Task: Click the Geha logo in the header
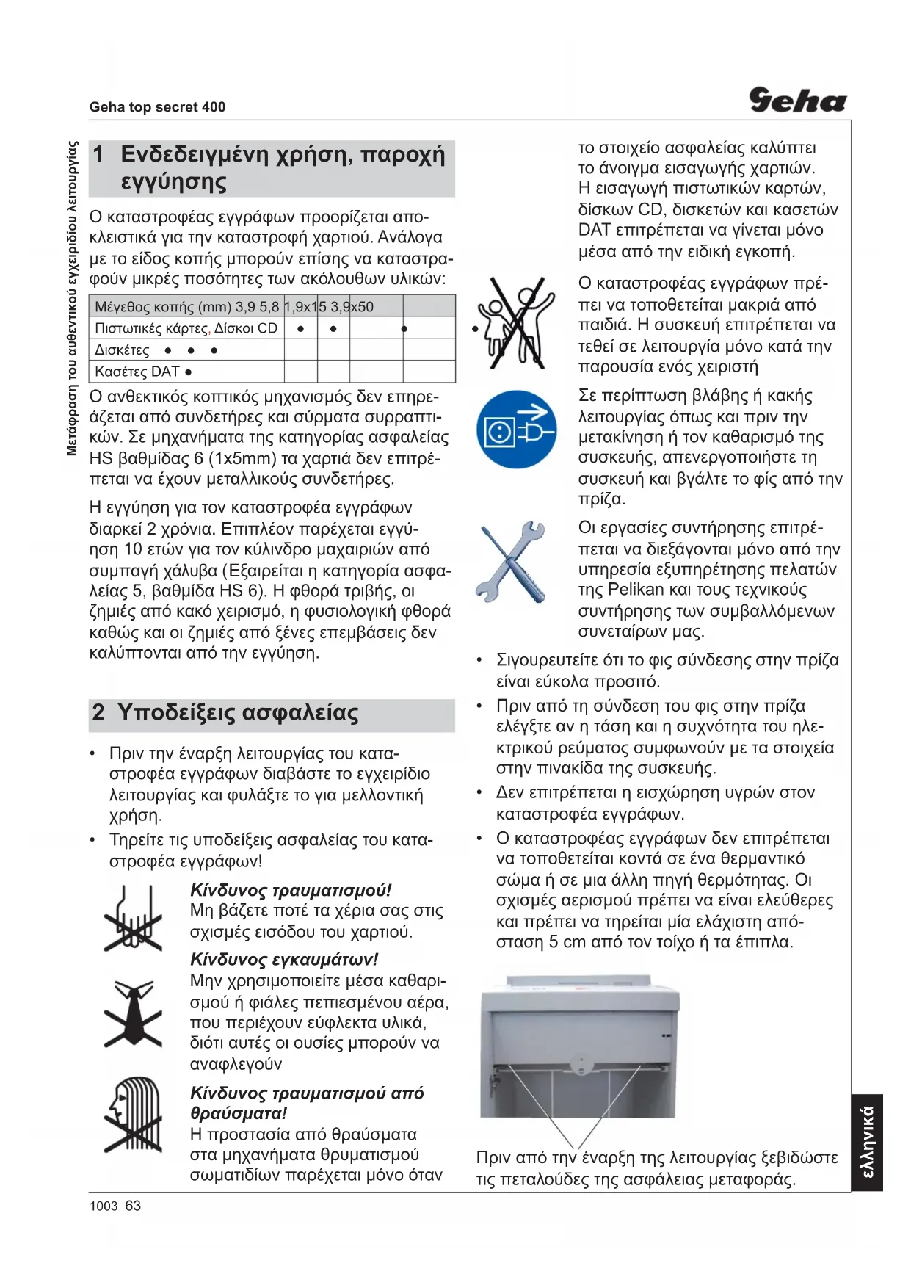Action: pos(797,100)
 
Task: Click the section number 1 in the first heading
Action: pos(98,155)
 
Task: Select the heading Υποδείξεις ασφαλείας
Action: pos(238,713)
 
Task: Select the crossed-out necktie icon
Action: pos(133,1013)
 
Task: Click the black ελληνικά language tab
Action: pos(867,1142)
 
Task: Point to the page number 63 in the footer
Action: pos(133,1206)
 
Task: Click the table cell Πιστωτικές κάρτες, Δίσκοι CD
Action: pos(186,328)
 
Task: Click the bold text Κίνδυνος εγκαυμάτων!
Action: pos(284,960)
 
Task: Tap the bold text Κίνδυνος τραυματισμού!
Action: pos(291,891)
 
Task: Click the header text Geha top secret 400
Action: pos(157,107)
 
